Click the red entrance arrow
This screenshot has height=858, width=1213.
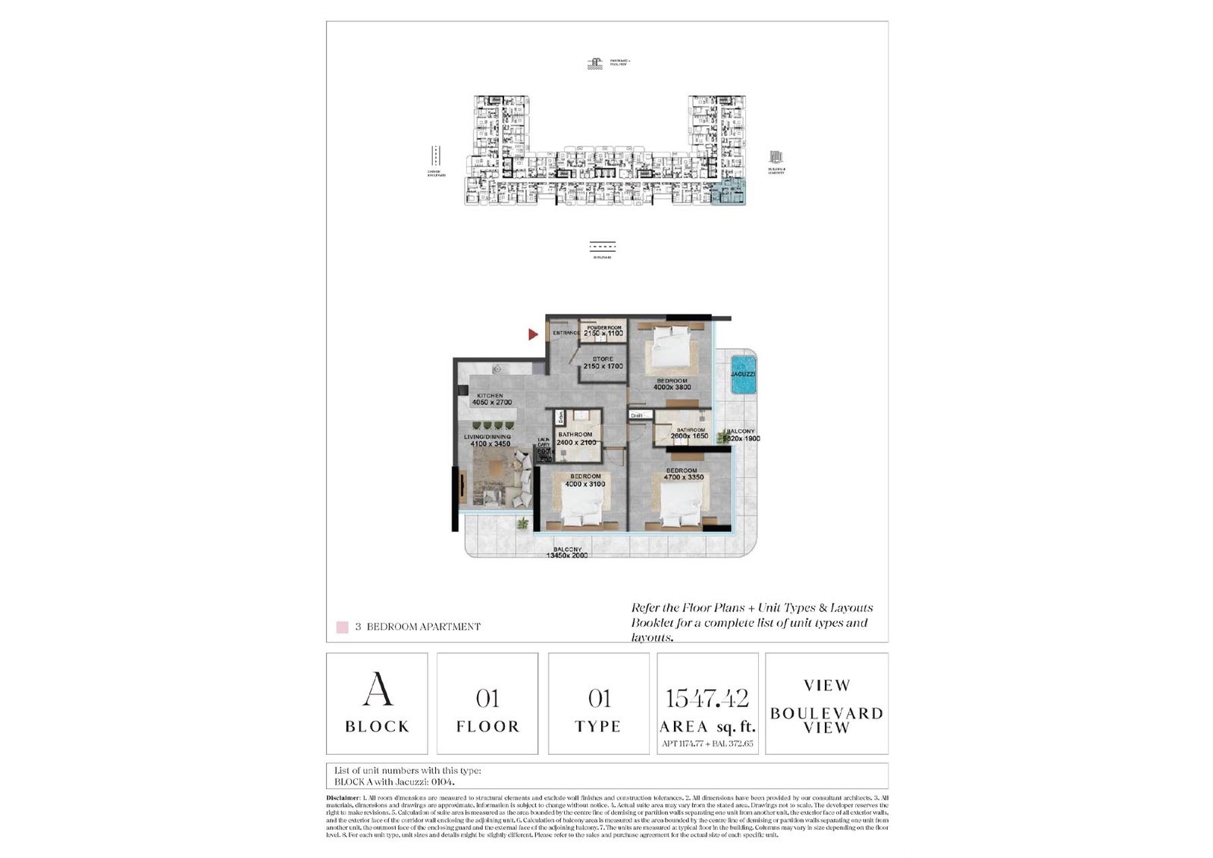tap(534, 334)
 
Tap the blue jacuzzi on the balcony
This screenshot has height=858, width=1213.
tap(743, 375)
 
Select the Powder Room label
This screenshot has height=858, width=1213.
tap(603, 328)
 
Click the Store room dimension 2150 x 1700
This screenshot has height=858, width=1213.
tap(603, 367)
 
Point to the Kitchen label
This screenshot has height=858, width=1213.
tap(490, 396)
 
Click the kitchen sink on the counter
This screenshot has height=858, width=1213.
tap(497, 369)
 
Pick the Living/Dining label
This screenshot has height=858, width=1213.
tap(487, 437)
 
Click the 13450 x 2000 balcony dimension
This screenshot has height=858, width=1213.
tap(567, 556)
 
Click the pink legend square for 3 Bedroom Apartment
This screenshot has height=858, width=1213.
tap(343, 628)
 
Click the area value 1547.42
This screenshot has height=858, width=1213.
tap(707, 698)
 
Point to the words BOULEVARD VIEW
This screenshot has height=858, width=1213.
tap(826, 720)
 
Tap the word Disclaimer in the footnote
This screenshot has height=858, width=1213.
tap(343, 798)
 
